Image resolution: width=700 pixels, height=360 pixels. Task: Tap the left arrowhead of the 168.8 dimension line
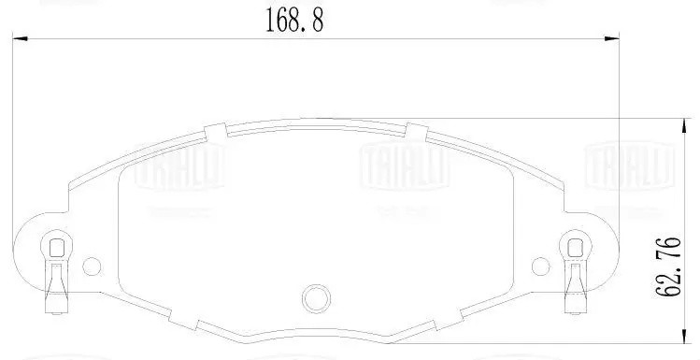point(19,39)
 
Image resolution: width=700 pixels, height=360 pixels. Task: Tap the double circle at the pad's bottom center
point(316,298)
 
